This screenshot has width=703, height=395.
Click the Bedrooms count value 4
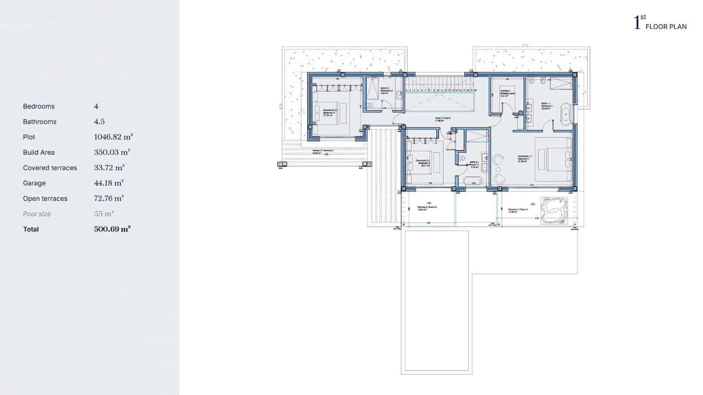coord(96,106)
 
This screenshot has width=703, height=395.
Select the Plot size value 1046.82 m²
coord(113,137)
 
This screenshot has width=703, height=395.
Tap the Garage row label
coord(34,183)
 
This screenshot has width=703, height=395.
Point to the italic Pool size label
coord(37,214)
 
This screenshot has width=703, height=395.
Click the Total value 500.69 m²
coord(112,229)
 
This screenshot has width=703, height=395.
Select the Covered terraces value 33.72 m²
coord(109,167)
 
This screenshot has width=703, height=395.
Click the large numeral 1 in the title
coord(637,23)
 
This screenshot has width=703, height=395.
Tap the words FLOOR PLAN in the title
coord(666,27)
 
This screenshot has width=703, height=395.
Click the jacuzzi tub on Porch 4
coord(554,211)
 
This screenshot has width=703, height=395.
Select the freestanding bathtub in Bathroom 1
coord(566,113)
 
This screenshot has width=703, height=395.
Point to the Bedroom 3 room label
coord(329,112)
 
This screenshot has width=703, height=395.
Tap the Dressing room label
coord(507,93)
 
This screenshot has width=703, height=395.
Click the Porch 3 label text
coord(427,208)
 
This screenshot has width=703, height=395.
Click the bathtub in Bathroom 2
coord(473,181)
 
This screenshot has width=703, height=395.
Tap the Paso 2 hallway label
coord(442,119)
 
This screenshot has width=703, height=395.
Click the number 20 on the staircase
coord(475,90)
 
